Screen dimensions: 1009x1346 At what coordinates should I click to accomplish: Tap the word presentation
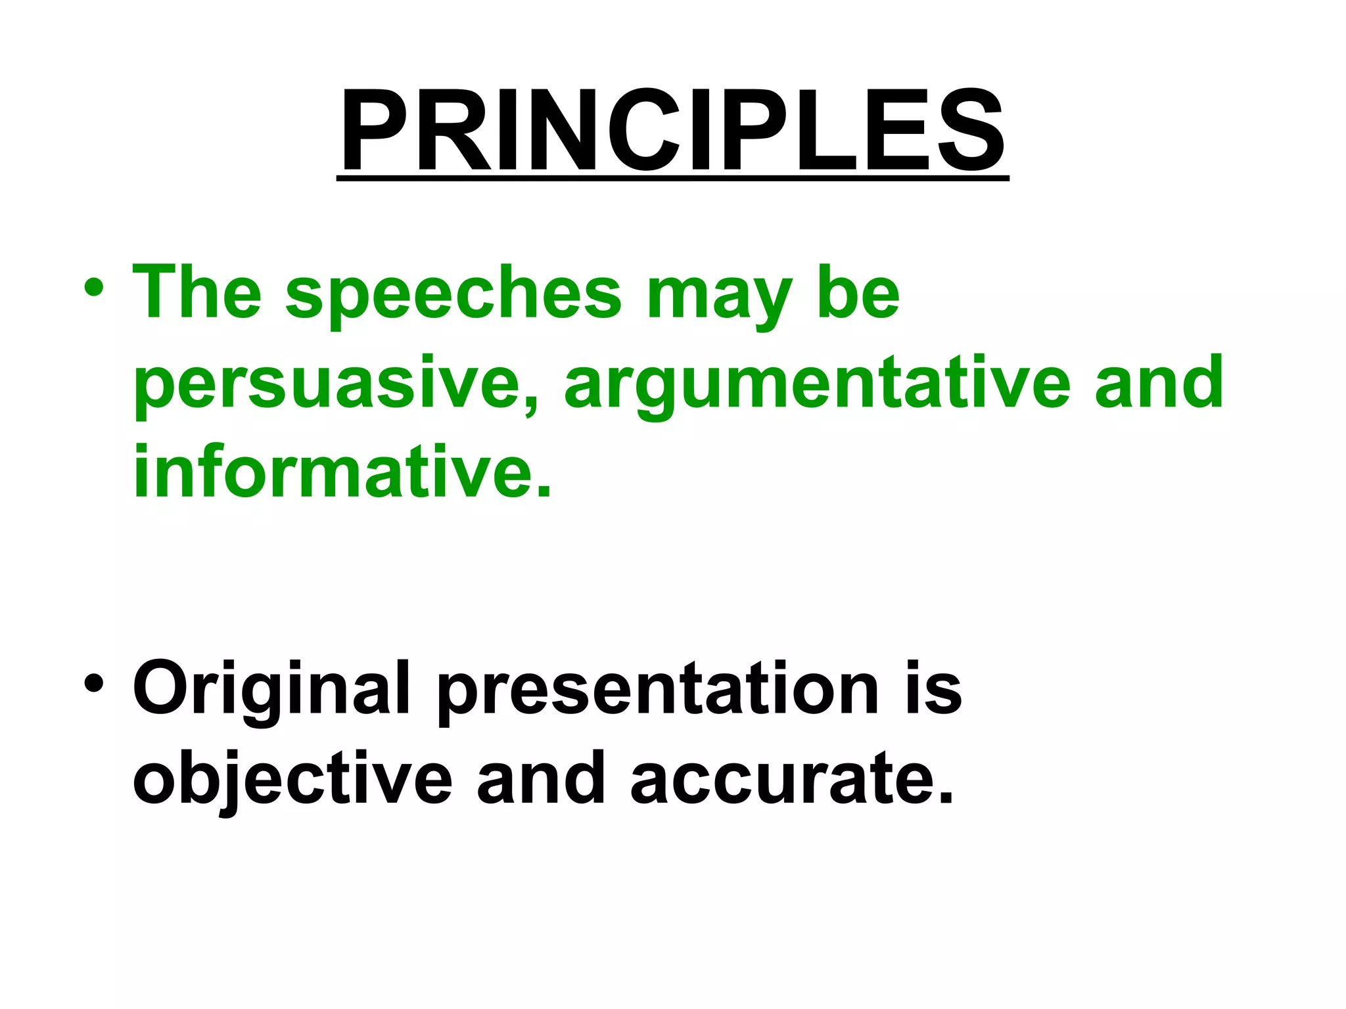click(657, 690)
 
